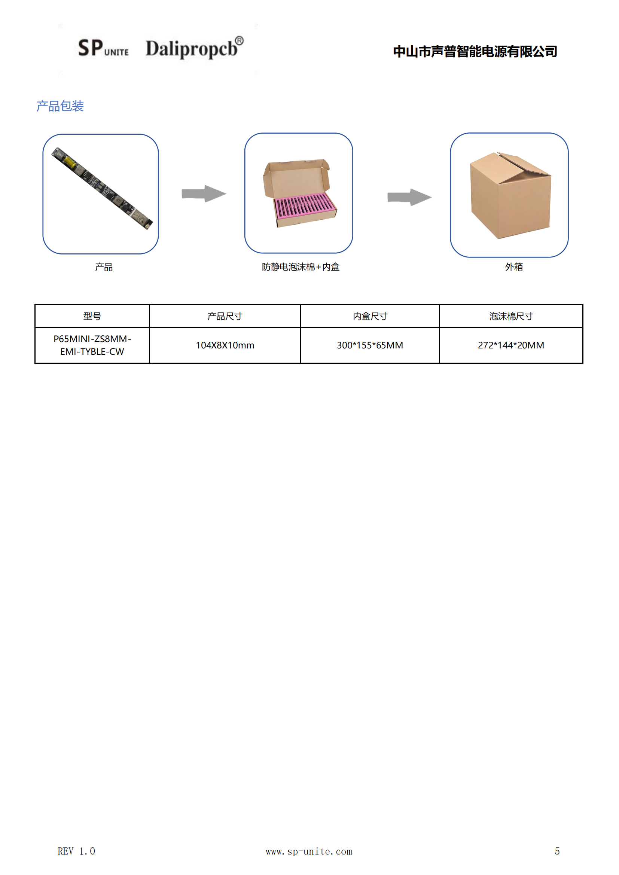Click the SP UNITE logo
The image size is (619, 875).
pyautogui.click(x=103, y=48)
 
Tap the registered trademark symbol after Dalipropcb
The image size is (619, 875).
pyautogui.click(x=239, y=40)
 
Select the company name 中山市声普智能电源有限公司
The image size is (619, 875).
pyautogui.click(x=475, y=51)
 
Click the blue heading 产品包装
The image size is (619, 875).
pyautogui.click(x=60, y=106)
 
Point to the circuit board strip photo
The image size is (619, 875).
pyautogui.click(x=102, y=188)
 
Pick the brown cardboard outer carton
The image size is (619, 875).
pyautogui.click(x=510, y=195)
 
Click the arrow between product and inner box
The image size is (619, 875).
pyautogui.click(x=204, y=193)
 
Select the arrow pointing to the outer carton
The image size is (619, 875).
pyautogui.click(x=409, y=197)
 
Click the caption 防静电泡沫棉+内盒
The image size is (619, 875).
pyautogui.click(x=301, y=267)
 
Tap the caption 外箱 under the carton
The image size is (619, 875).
pyautogui.click(x=513, y=267)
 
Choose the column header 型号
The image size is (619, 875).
pyautogui.click(x=92, y=316)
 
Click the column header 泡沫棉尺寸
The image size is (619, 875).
pyautogui.click(x=511, y=316)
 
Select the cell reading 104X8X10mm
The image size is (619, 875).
pyautogui.click(x=225, y=345)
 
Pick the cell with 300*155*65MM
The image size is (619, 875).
pyautogui.click(x=370, y=345)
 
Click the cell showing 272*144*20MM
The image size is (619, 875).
pyautogui.click(x=511, y=345)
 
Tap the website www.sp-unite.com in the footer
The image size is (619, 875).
pyautogui.click(x=309, y=851)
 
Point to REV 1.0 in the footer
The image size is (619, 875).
pyautogui.click(x=76, y=851)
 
